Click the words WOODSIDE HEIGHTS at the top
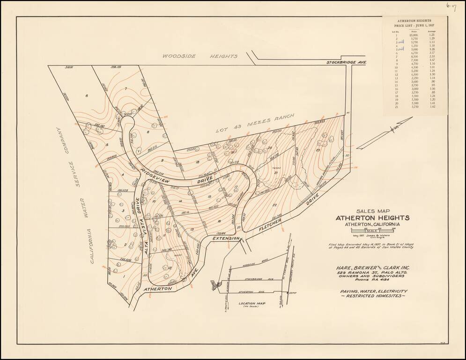click(200, 56)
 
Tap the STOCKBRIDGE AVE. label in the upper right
click(346, 62)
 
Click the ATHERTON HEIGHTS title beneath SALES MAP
click(372, 218)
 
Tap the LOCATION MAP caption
click(252, 304)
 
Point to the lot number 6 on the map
click(87, 96)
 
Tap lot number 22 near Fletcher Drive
click(274, 205)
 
